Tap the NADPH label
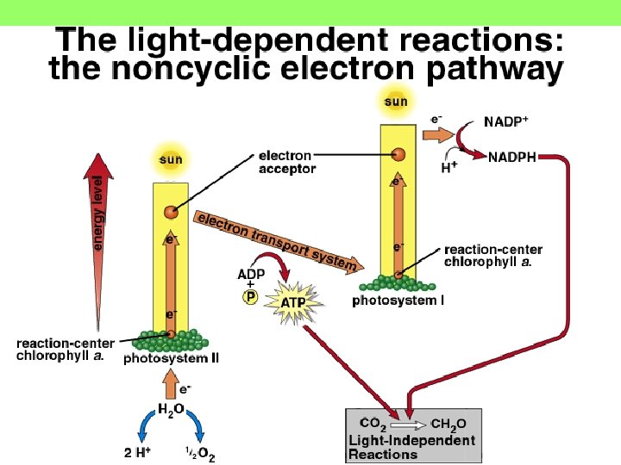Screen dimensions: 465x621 tap(512, 158)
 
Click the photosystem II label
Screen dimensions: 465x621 tap(171, 358)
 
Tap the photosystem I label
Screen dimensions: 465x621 tap(398, 301)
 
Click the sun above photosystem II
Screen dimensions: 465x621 tap(171, 159)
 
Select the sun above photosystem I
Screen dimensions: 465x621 tap(396, 102)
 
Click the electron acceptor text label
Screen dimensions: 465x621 tap(286, 163)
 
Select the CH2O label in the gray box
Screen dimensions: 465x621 tap(448, 424)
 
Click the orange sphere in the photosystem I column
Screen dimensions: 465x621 tap(398, 155)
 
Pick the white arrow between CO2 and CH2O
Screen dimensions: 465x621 tap(411, 424)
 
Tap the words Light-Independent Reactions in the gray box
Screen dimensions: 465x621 tap(411, 446)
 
